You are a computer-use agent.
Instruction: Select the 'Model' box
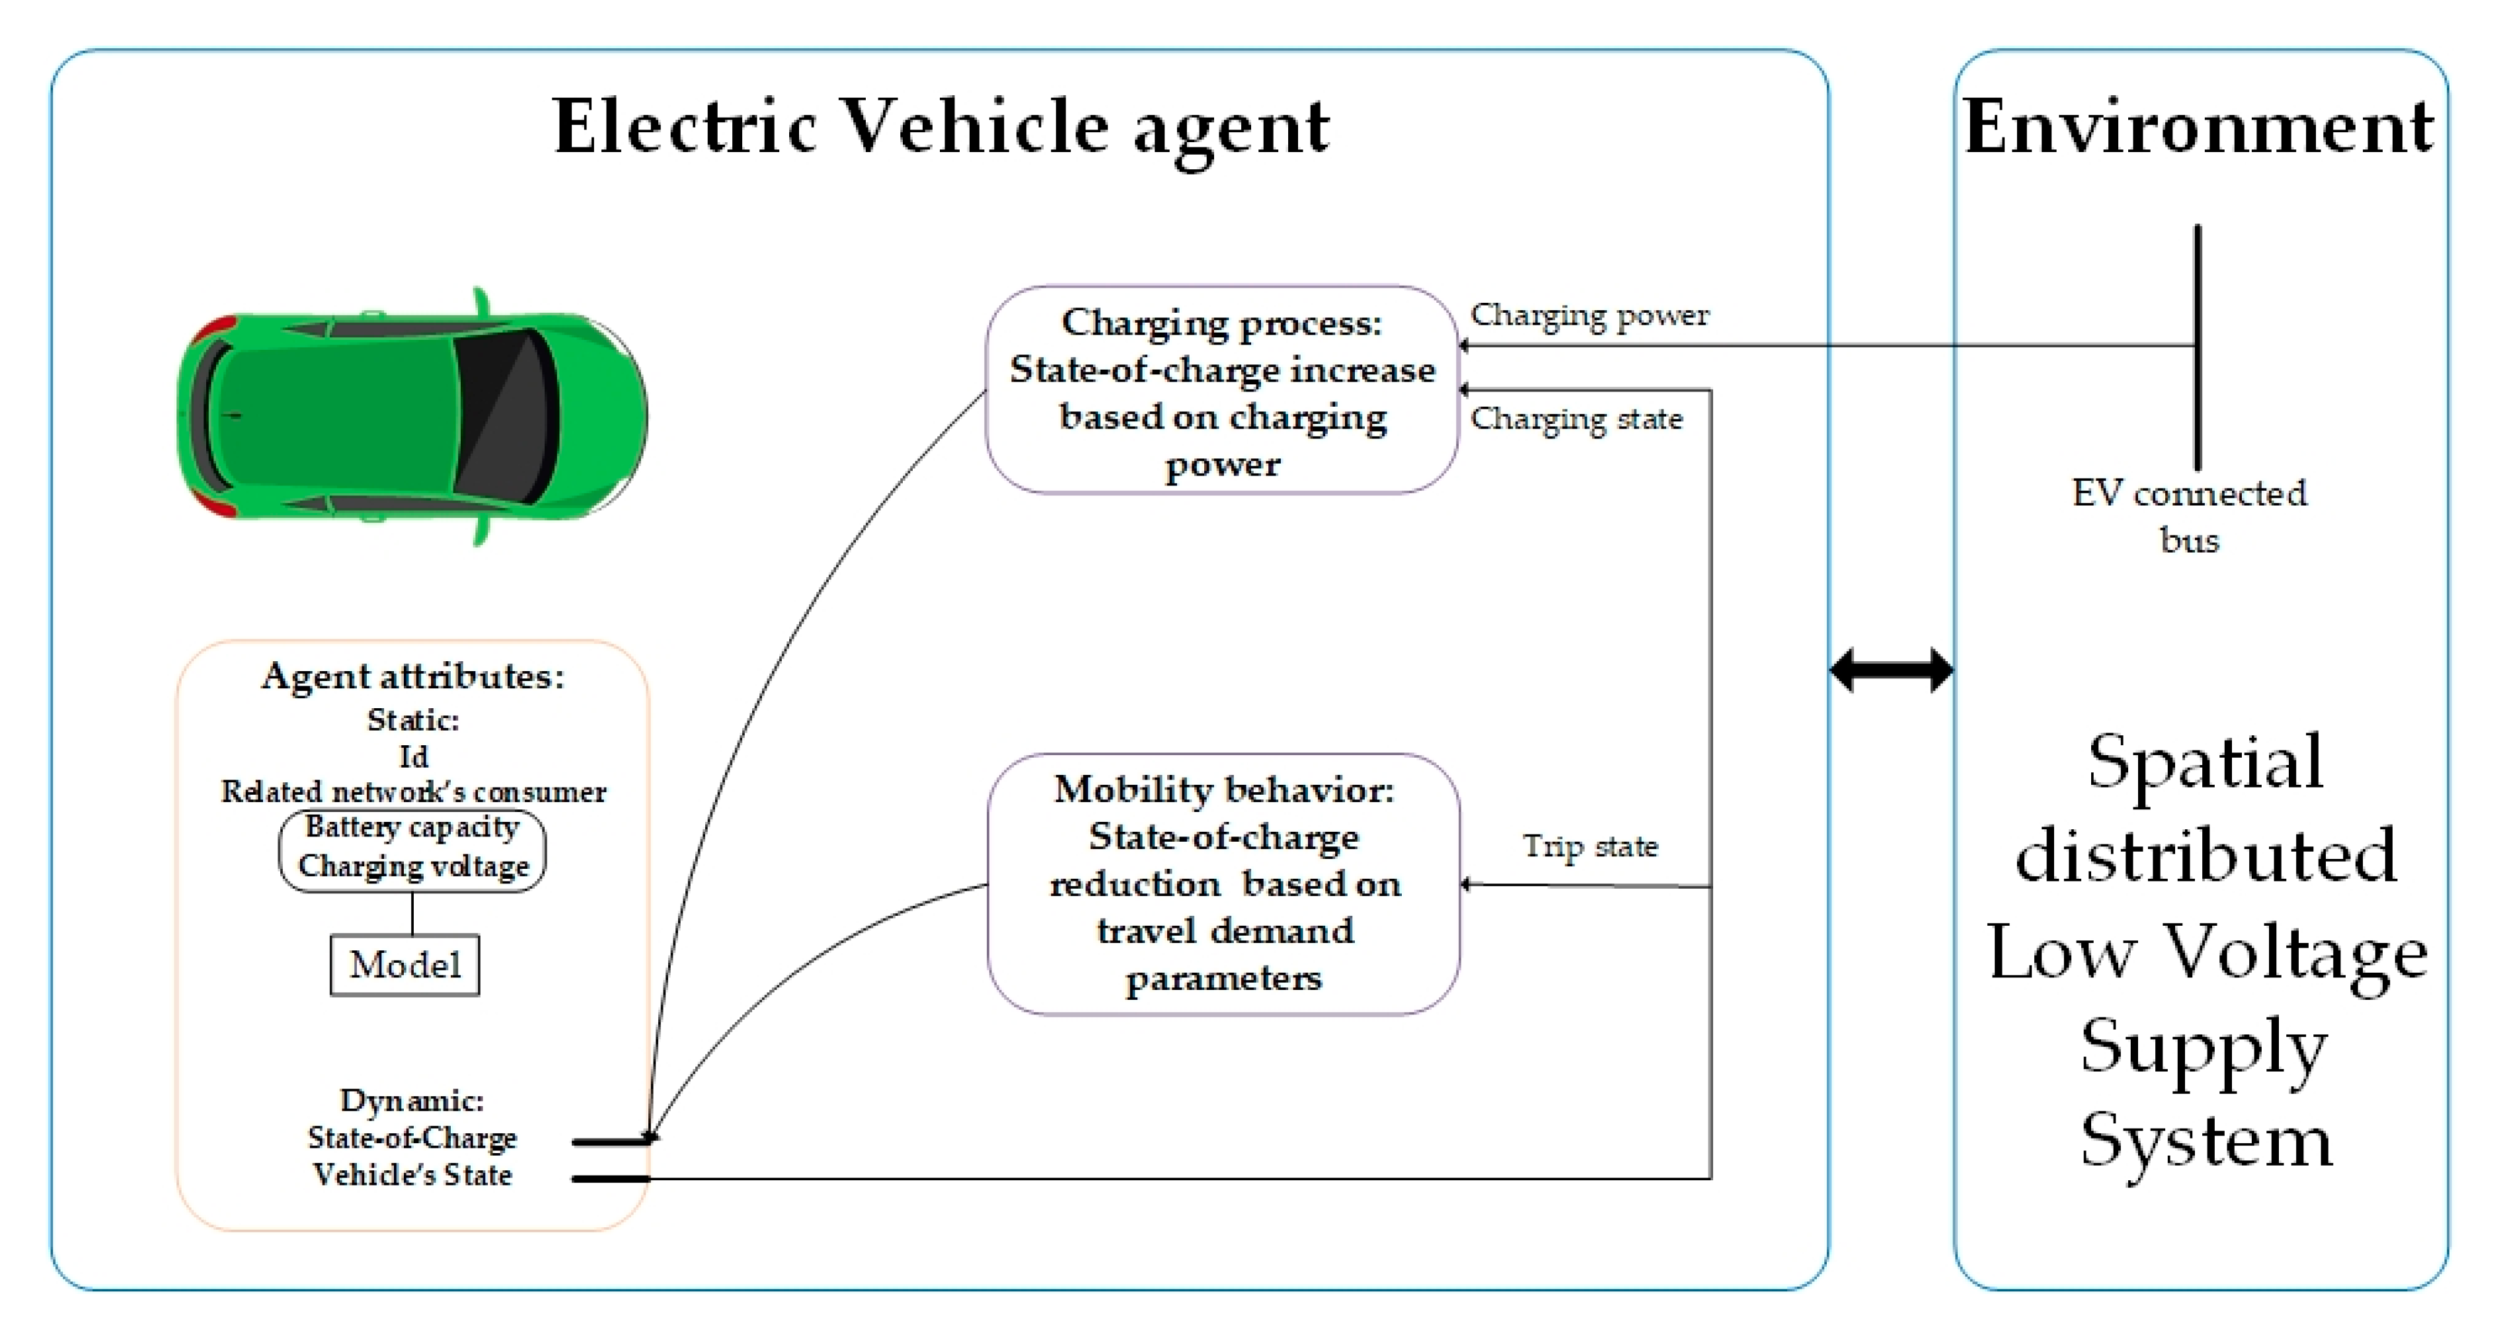coord(405,965)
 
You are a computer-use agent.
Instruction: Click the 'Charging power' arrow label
coord(1590,315)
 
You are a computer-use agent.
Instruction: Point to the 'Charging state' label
coord(1576,419)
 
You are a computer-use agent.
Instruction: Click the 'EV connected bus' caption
coord(2189,515)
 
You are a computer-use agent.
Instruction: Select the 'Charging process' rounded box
coord(1222,390)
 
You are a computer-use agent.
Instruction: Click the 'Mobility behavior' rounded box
coord(1223,883)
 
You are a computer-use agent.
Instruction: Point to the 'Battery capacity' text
coord(412,827)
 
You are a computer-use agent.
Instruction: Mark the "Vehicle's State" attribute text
coord(412,1174)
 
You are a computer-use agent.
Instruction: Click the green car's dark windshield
coord(504,417)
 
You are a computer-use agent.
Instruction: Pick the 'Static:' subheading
coord(412,720)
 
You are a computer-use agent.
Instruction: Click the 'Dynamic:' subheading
coord(412,1100)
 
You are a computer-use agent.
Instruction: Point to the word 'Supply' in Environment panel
coord(2204,1046)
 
